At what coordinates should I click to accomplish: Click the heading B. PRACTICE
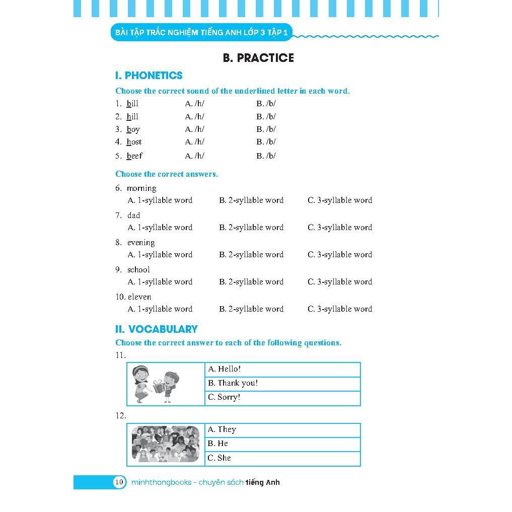coord(258,58)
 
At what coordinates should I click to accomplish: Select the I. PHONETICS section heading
coord(149,76)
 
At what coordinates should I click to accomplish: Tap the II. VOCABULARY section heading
coord(156,329)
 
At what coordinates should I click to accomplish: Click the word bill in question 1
coord(132,104)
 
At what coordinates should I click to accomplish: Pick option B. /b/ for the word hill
coord(266,116)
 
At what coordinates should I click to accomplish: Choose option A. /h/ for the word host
coord(195,142)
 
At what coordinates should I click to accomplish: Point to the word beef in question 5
coord(134,156)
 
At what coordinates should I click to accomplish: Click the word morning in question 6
coord(141,188)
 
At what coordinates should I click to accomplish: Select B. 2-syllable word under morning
coord(251,200)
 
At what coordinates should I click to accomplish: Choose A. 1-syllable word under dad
coord(160,228)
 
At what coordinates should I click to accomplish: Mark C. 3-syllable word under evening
coord(340,255)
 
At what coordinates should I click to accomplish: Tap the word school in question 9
coord(138,270)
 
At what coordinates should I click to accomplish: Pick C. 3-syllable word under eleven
coord(340,309)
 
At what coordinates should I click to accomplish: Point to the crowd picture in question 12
coord(166,444)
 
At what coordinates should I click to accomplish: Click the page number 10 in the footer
coord(119,482)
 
